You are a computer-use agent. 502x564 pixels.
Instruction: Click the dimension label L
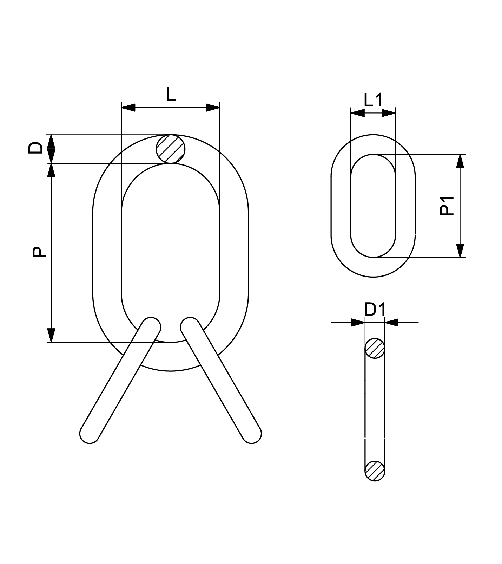[171, 95]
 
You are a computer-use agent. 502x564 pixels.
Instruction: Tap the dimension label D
[35, 148]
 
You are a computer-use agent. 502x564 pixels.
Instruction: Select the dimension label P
[39, 252]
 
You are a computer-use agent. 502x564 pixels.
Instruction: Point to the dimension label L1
[373, 101]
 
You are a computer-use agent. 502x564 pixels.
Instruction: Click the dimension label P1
[447, 206]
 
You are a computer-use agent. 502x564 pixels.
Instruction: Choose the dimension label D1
[375, 310]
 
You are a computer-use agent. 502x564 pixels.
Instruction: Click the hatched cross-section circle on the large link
[171, 149]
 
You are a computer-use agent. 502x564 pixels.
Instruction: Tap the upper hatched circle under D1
[375, 348]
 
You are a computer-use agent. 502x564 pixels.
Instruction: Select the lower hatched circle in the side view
[375, 470]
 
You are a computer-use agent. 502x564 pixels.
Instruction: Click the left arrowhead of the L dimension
[128, 108]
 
